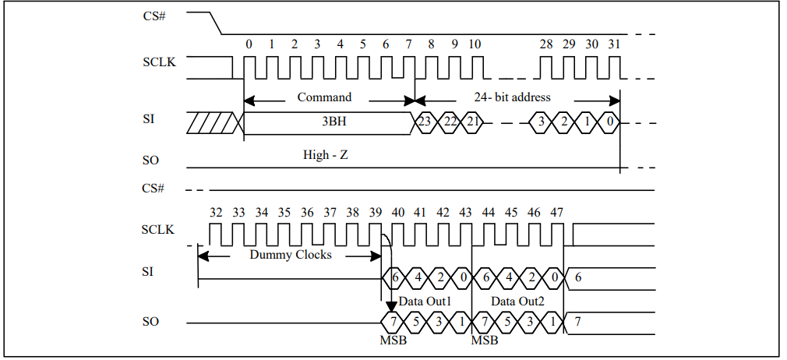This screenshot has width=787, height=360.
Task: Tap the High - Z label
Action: coord(325,154)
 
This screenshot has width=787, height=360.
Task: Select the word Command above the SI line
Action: coord(324,97)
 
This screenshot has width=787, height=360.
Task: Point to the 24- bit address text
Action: coord(512,97)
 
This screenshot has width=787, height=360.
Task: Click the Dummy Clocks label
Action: coord(291,255)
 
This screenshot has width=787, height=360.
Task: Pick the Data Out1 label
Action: coord(425,302)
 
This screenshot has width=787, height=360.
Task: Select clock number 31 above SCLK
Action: coord(614,44)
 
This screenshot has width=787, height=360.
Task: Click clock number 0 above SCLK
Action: coord(249,44)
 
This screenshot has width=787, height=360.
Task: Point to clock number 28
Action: coord(546,44)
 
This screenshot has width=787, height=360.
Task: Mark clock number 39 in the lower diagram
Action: coord(375,213)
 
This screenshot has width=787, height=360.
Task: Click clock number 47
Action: coord(556,213)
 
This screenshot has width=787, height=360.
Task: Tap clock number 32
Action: coord(216,213)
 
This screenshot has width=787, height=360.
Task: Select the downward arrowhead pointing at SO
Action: coord(391,306)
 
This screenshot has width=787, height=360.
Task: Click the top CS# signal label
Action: coord(154,16)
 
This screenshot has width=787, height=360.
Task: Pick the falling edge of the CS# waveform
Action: coord(215,23)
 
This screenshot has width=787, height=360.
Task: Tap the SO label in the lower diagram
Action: coord(150,321)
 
